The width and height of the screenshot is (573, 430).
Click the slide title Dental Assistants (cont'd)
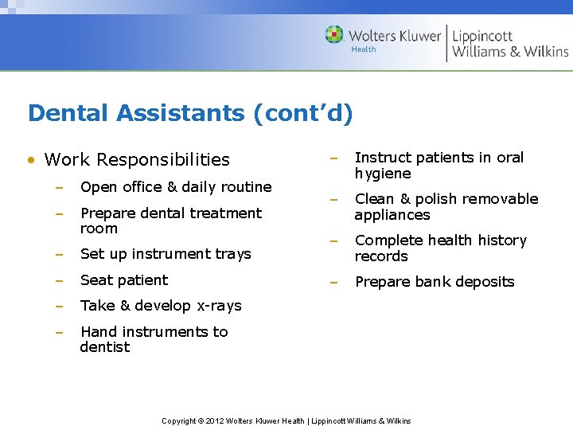click(x=189, y=113)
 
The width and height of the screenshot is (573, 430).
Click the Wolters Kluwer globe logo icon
click(x=334, y=35)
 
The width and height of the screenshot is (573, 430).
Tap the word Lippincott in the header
click(x=482, y=35)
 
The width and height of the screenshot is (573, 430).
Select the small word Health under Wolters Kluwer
click(x=363, y=49)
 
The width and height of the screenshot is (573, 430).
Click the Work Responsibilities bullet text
click(x=137, y=159)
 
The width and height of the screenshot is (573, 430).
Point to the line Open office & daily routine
click(x=176, y=187)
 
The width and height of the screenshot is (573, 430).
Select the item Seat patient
click(x=124, y=280)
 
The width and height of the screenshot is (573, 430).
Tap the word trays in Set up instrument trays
click(x=232, y=254)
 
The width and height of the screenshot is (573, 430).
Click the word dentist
click(x=104, y=347)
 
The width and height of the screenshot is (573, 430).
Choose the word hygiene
click(x=383, y=174)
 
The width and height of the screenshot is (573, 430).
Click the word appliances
click(x=392, y=215)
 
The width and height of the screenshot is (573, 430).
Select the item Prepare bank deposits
click(x=435, y=282)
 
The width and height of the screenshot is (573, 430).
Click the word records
click(x=381, y=256)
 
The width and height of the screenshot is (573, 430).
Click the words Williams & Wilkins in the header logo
click(x=510, y=52)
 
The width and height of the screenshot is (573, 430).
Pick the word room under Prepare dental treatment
click(x=99, y=229)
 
